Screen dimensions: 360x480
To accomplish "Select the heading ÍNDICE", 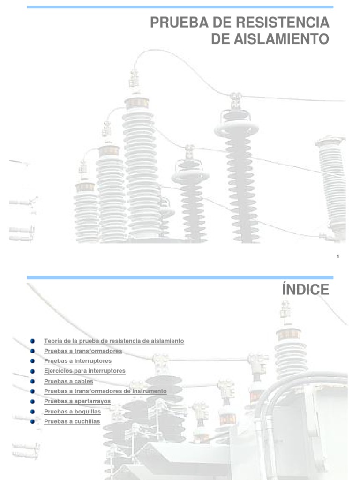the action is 306,290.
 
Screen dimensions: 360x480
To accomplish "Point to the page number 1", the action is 338,256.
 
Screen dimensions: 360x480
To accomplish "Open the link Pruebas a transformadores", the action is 83,351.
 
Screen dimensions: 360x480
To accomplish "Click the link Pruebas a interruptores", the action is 78,361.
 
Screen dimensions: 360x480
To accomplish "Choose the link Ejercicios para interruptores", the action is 85,371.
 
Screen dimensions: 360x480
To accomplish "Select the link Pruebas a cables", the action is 68,381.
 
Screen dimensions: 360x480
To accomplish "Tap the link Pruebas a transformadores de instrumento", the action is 105,391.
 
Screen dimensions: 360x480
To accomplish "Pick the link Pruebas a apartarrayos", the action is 77,401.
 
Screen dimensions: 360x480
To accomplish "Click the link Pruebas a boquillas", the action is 72,412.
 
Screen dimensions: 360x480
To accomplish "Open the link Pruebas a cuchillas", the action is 72,421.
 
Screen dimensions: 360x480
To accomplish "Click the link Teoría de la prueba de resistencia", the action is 114,341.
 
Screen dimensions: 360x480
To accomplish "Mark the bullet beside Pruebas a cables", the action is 32,381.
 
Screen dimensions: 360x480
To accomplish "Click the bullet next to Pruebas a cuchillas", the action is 32,421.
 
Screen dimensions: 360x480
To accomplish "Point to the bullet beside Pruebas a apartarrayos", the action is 32,401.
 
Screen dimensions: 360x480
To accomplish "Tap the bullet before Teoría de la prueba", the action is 32,341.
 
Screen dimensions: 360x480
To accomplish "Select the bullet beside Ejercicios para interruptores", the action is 32,371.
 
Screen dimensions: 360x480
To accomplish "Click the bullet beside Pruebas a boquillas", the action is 32,412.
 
